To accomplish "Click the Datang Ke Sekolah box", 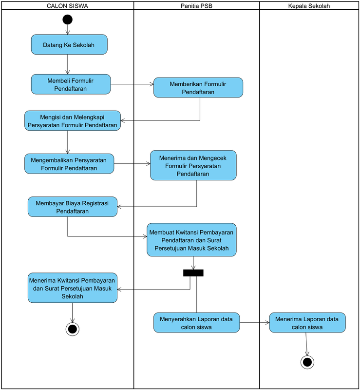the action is pos(69,44).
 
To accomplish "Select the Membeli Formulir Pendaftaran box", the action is pos(71,84).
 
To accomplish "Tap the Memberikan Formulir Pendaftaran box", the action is pos(198,88).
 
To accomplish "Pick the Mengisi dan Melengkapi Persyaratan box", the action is pos(73,121).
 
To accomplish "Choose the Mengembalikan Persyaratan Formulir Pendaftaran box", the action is pos(69,164).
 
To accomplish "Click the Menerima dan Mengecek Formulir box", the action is pos(193,166).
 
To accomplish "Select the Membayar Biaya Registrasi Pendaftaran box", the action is pos(72,207).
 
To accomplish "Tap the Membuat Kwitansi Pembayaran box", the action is pos(191,240).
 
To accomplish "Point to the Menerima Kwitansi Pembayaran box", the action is pos(72,288).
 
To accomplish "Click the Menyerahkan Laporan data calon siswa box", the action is pos(196,323).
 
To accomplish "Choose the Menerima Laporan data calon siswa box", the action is pos(307,323).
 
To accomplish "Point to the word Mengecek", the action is pos(212,158).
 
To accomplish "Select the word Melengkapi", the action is pos(88,117).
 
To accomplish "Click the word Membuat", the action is pos(161,232).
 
